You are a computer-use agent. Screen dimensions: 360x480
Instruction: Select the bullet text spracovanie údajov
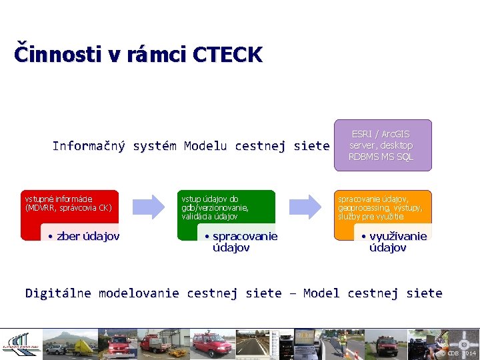(241, 242)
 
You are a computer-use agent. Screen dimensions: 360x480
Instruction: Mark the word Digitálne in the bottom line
(59, 293)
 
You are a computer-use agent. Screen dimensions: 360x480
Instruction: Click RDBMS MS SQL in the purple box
(381, 157)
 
